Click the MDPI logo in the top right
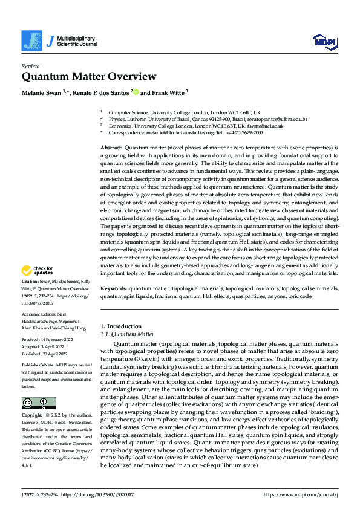tap(324, 41)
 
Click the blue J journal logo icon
tap(30, 41)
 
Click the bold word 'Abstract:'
tap(111, 148)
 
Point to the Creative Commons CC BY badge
tap(38, 386)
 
